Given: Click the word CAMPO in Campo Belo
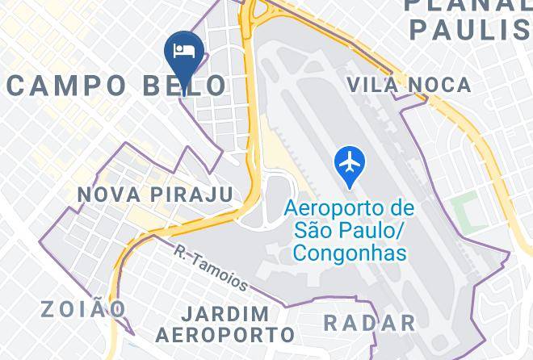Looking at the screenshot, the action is click(x=67, y=85).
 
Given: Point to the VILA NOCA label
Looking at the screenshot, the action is click(x=408, y=84).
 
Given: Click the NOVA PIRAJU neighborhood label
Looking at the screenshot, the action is click(x=155, y=195).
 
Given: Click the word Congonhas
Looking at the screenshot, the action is click(x=349, y=253).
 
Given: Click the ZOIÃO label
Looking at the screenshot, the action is click(x=84, y=308).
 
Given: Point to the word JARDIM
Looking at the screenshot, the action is click(x=225, y=313).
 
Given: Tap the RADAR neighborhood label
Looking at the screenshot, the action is click(x=369, y=323).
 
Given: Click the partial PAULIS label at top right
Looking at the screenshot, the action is click(x=468, y=30).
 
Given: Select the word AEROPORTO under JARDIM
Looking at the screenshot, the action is click(x=225, y=333).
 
